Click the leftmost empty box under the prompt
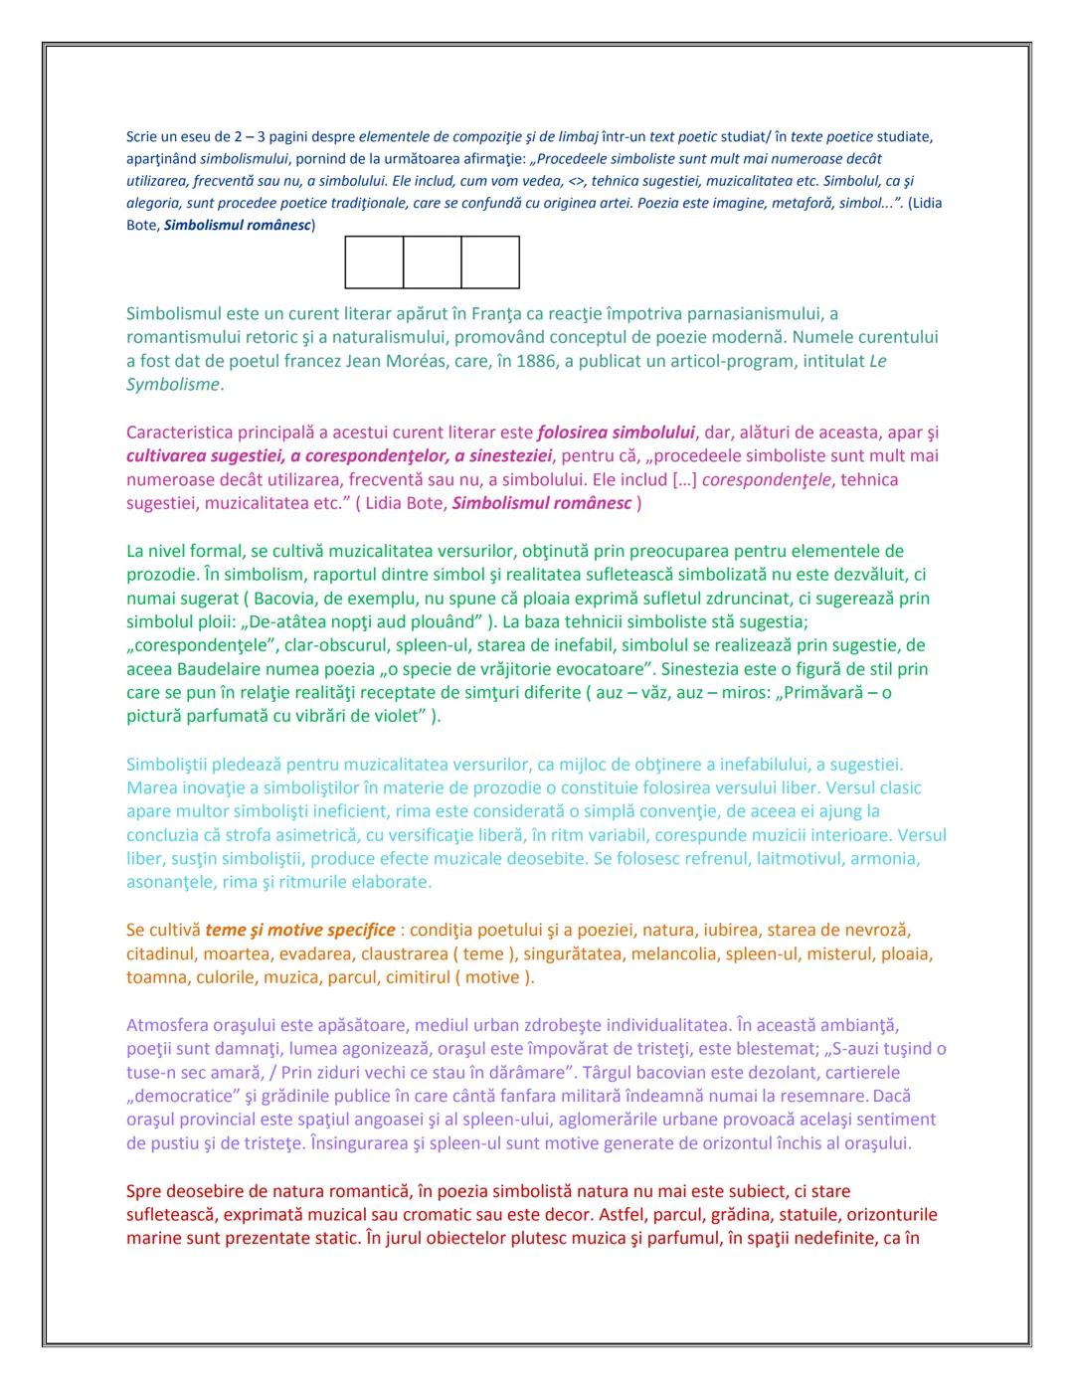[374, 262]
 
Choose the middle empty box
[432, 262]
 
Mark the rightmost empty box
[490, 262]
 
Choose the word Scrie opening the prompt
[141, 136]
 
